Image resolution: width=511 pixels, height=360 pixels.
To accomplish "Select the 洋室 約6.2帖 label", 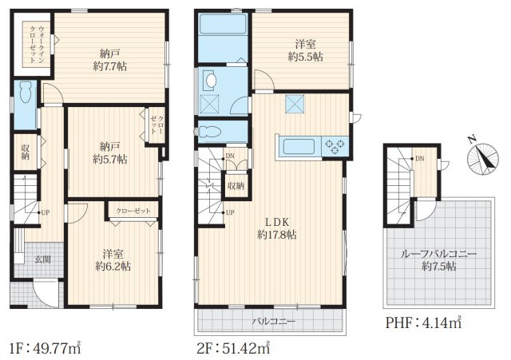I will coord(113,259).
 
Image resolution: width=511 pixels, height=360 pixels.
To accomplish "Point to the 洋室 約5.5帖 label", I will coord(305,51).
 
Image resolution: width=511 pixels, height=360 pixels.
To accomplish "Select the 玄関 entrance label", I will coord(42,259).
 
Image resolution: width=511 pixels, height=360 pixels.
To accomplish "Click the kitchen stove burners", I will coord(334,145).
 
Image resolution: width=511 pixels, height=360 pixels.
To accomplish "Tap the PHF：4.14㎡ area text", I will coord(423,323).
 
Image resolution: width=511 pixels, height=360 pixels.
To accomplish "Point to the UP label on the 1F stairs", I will coord(45,212).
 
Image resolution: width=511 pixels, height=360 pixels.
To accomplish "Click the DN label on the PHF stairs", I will coord(418,159).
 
